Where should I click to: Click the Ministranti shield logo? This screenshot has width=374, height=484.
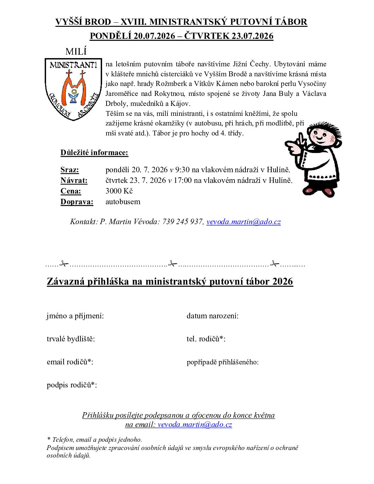click(73, 89)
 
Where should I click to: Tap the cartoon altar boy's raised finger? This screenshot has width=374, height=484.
click(301, 139)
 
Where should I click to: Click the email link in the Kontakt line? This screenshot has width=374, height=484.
click(243, 222)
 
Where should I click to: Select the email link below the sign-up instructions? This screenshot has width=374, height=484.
click(195, 425)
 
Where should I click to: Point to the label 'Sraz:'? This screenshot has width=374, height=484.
click(69, 170)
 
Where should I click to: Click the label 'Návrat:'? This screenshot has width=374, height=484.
click(74, 180)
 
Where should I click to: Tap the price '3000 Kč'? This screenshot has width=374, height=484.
click(119, 191)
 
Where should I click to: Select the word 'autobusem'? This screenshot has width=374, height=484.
click(123, 202)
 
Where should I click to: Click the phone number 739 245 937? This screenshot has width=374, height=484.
click(183, 222)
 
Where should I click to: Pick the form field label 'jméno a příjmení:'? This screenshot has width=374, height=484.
click(75, 316)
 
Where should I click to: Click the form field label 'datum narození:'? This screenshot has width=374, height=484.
click(212, 316)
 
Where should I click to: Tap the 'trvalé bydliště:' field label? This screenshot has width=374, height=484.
click(71, 339)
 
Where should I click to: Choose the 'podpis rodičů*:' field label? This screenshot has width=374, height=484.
click(72, 385)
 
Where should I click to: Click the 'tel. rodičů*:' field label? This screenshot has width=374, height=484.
click(206, 339)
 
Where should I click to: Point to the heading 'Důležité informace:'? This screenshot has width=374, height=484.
click(94, 153)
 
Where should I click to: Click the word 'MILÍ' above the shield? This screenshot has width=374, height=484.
click(76, 52)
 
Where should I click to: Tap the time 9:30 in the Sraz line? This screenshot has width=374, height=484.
click(182, 170)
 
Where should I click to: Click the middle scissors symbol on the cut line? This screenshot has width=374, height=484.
click(172, 264)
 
